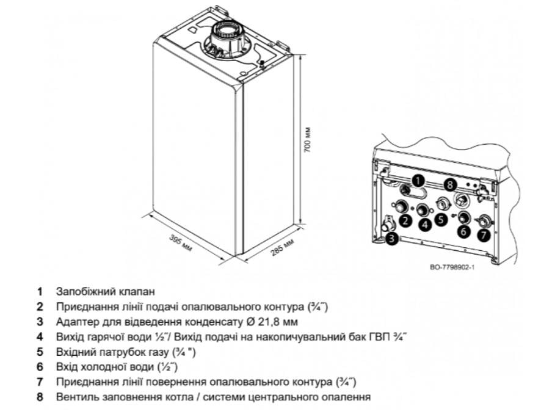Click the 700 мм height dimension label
pos(308,139)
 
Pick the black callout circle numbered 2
pos(405,220)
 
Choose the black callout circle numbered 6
pos(463,232)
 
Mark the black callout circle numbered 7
pos(484,234)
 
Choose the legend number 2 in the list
pos(40,306)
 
